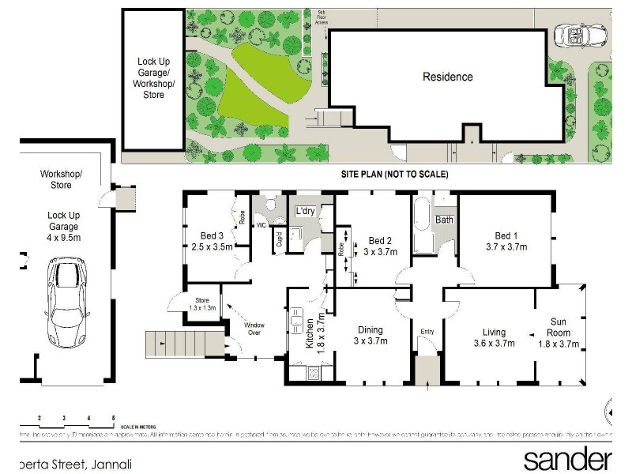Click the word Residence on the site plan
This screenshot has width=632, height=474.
pyautogui.click(x=447, y=77)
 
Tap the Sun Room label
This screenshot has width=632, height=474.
pyautogui.click(x=559, y=333)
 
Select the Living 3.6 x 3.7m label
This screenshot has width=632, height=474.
pyautogui.click(x=493, y=337)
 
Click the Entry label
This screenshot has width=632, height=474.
pyautogui.click(x=427, y=330)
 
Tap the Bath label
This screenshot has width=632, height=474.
pyautogui.click(x=445, y=220)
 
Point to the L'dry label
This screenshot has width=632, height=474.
pyautogui.click(x=306, y=212)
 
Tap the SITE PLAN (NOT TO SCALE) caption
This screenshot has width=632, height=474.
pyautogui.click(x=394, y=174)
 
